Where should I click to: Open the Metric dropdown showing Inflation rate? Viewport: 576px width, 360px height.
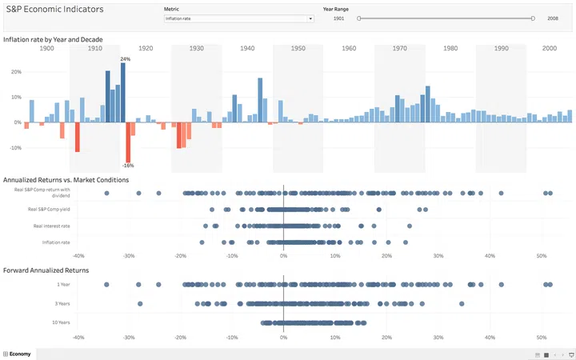tap(238, 18)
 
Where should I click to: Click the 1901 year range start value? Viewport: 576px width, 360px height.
tap(339, 18)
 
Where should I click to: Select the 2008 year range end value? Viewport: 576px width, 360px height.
tap(553, 18)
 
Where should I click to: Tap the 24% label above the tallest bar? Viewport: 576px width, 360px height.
tap(125, 59)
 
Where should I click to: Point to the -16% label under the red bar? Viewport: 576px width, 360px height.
tap(128, 166)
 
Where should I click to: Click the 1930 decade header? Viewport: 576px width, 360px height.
tap(196, 49)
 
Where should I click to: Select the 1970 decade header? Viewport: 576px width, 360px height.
tap(400, 49)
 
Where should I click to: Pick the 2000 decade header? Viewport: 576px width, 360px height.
tap(549, 49)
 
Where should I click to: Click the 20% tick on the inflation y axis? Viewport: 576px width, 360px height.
tap(15, 71)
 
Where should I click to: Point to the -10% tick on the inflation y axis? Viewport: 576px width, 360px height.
tap(14, 147)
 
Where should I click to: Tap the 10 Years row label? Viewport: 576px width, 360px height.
tap(62, 322)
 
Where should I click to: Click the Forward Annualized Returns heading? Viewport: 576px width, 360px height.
tap(46, 270)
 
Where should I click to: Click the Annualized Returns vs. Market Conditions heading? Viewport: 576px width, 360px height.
tap(66, 180)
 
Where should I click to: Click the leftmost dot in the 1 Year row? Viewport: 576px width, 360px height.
tap(106, 284)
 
